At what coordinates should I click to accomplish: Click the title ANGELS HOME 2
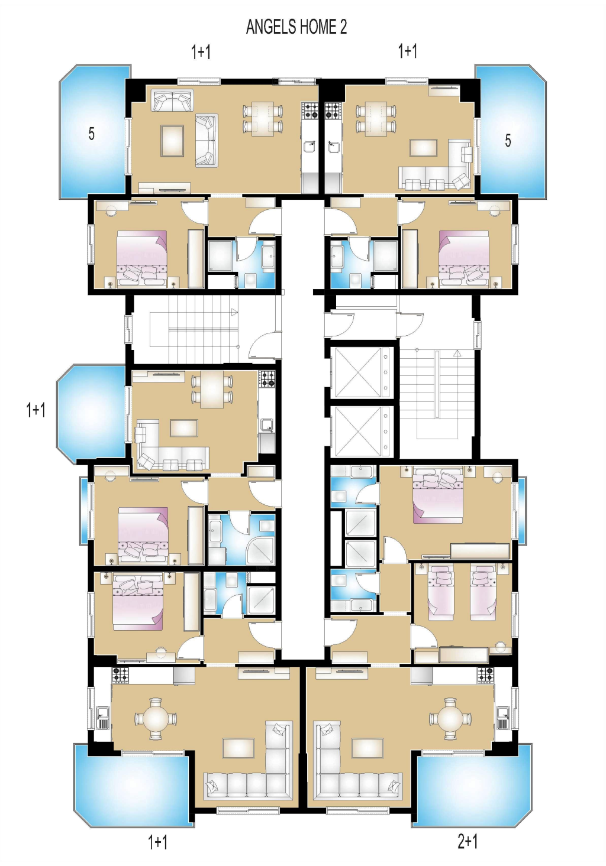coord(296,27)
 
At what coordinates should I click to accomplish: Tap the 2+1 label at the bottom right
coord(468,841)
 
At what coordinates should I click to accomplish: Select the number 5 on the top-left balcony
coord(91,134)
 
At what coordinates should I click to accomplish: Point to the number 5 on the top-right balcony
coord(508,140)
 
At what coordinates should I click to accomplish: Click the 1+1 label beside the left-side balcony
coord(36,410)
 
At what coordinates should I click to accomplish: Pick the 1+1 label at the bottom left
coord(157,842)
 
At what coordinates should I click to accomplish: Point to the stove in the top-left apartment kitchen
coord(310,110)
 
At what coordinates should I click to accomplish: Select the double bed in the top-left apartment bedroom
coord(143,259)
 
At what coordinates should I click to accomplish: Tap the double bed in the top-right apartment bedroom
coord(463,259)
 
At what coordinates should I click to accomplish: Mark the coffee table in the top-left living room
coord(173,141)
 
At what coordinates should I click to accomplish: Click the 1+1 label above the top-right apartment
coord(408,51)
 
